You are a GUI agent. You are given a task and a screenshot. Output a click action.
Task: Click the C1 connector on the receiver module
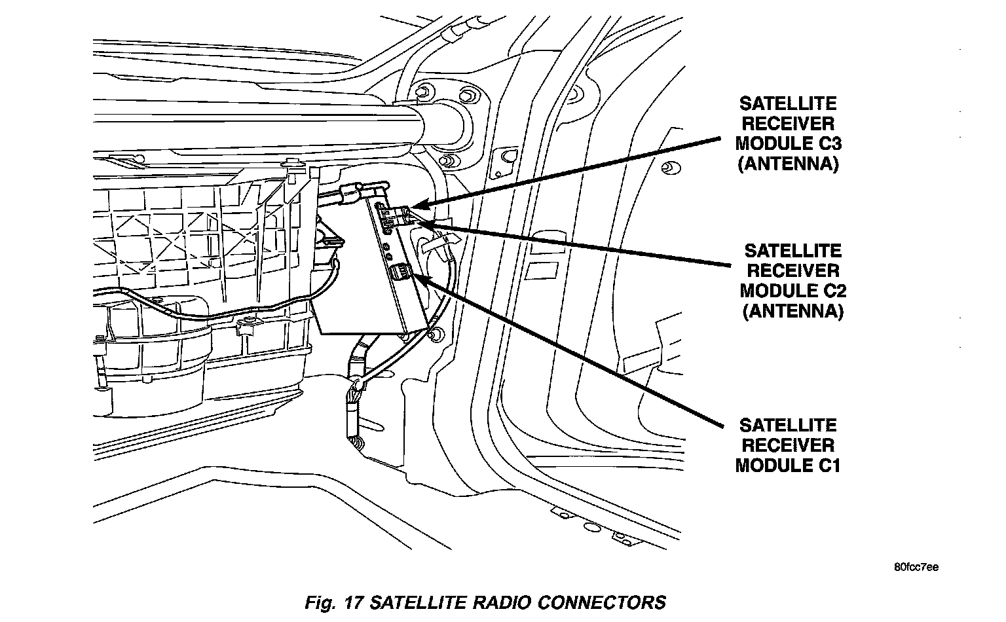(x=400, y=272)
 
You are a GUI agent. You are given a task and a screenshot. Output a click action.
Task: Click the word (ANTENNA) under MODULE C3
(x=788, y=164)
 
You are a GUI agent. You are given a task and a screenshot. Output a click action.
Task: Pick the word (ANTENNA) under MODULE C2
(x=792, y=310)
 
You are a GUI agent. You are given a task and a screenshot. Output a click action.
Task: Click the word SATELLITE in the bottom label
(x=788, y=425)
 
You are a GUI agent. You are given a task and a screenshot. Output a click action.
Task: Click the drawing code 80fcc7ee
(x=916, y=567)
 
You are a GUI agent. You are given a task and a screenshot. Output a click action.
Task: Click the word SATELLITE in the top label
(x=788, y=103)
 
